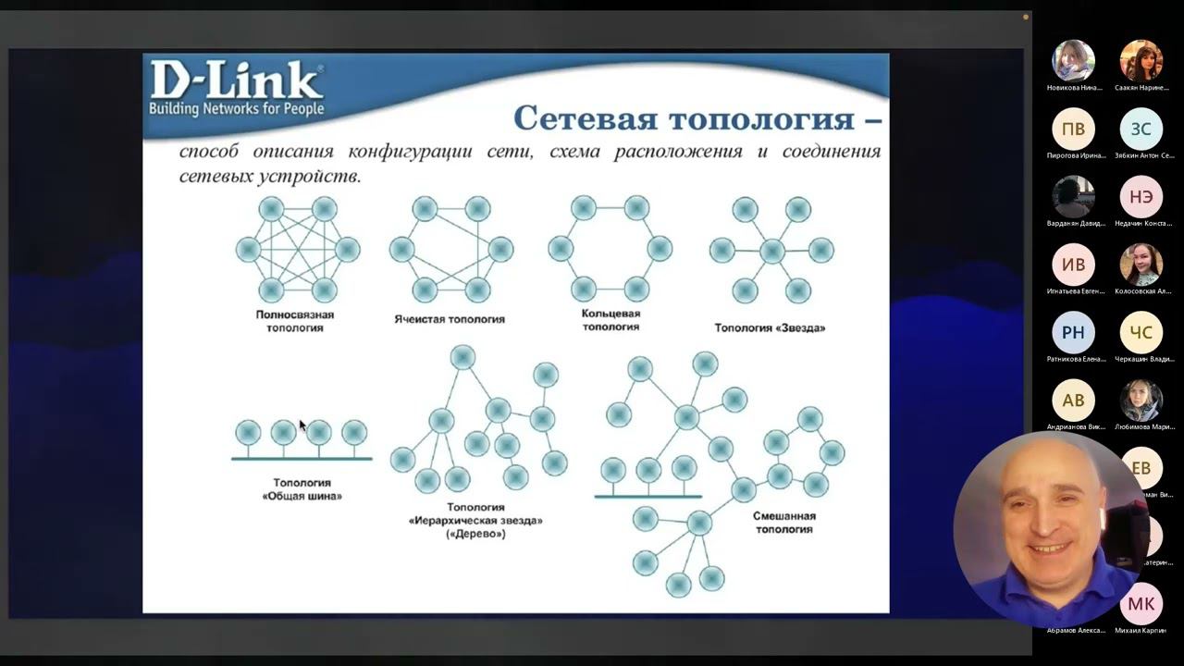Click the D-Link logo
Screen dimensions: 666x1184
point(237,90)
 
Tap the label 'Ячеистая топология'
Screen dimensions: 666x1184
point(449,319)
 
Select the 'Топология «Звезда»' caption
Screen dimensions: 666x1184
point(770,327)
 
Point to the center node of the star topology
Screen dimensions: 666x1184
point(771,250)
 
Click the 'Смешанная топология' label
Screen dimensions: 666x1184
point(784,523)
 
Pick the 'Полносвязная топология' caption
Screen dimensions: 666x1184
point(295,321)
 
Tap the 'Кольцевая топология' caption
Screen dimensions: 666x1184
point(610,320)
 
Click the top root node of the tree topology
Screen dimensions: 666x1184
point(462,357)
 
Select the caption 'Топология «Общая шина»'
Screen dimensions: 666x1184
point(302,489)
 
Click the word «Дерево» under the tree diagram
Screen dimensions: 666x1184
point(475,534)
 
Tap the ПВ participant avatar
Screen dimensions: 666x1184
point(1073,129)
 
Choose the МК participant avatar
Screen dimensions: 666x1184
point(1141,604)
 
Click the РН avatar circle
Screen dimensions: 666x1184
point(1073,332)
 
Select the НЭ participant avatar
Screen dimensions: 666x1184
point(1141,197)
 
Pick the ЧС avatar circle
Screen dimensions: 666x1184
point(1141,332)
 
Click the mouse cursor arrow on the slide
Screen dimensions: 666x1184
point(302,424)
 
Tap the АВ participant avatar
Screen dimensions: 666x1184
point(1073,401)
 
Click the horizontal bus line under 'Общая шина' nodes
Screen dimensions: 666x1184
point(302,459)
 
